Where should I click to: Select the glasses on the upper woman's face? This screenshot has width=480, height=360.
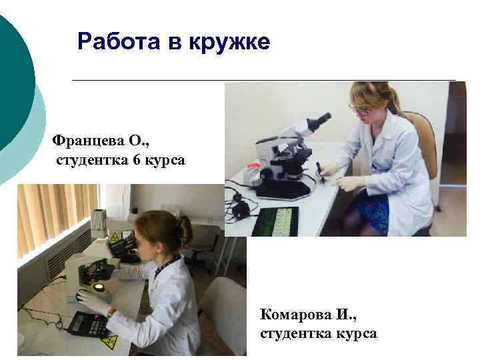360,110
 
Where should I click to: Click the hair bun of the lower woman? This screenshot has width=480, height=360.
184,229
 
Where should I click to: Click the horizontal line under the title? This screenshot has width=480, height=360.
263,80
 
